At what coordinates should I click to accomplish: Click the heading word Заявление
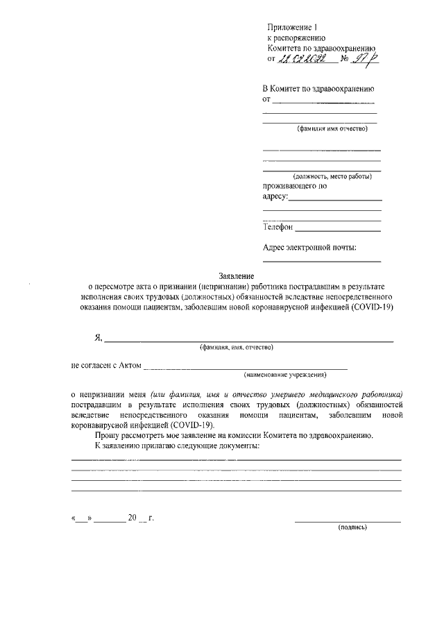point(237,276)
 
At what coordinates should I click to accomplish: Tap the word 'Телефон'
point(277,227)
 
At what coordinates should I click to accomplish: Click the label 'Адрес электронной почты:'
point(309,248)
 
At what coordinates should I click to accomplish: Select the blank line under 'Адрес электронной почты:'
point(321,262)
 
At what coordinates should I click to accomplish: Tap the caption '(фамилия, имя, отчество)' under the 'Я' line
point(236,347)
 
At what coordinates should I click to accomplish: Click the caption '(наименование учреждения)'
point(284,375)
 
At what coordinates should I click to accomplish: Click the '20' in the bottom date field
point(132,518)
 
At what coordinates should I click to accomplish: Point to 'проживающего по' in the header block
point(294,186)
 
